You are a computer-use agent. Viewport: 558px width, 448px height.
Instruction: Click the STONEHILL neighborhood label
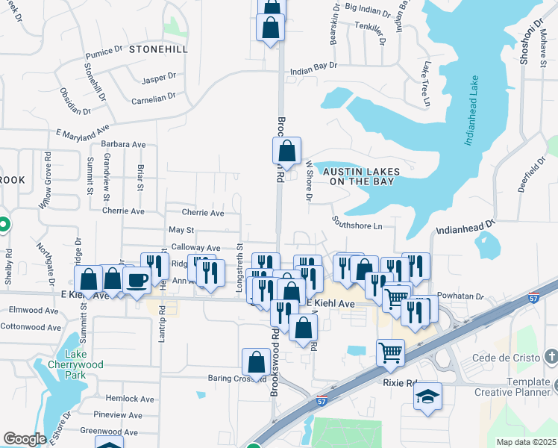(156, 49)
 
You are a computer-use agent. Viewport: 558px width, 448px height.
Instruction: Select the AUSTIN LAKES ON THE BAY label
(361, 175)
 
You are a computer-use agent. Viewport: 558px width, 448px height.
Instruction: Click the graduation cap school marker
(427, 396)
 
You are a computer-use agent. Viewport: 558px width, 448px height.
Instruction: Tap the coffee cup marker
(137, 280)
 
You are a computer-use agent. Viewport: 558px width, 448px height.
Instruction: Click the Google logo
(25, 439)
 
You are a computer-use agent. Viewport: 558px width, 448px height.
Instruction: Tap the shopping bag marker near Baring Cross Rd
(256, 362)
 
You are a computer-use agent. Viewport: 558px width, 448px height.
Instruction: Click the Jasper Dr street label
(158, 76)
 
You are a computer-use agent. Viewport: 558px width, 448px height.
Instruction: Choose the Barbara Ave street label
(124, 144)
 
